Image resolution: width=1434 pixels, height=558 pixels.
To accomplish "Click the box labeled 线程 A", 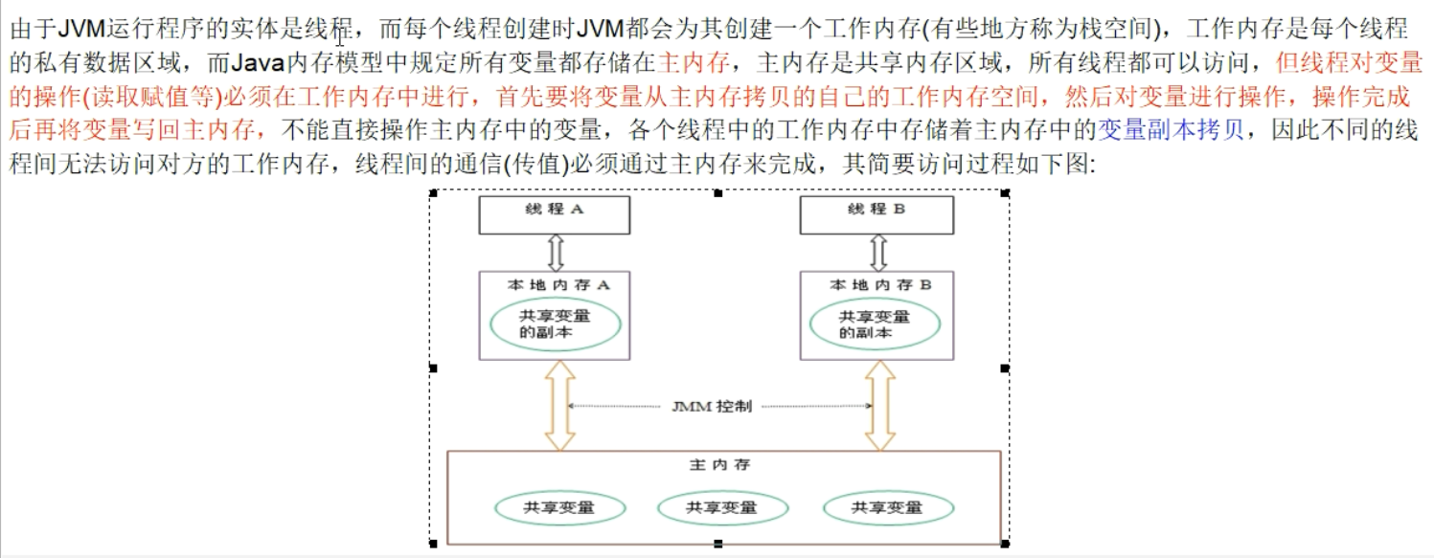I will (x=554, y=214).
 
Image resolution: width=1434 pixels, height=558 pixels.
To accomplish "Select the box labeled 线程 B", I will (x=876, y=214).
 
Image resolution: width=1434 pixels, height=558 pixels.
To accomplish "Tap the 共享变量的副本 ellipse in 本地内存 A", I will (x=555, y=324).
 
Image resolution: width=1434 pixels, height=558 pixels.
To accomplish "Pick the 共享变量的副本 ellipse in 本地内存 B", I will (x=874, y=324).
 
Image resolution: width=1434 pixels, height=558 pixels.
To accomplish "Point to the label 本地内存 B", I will (x=879, y=284).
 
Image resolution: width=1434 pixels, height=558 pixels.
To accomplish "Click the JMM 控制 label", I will (x=714, y=406).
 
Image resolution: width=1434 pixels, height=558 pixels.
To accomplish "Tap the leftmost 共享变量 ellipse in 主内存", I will (x=559, y=507).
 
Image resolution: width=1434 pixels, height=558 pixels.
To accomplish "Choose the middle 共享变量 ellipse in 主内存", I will (x=720, y=507).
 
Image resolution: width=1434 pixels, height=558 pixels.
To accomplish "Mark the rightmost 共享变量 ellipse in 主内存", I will (x=887, y=507).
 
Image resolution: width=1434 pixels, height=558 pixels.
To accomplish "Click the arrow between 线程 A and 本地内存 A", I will (x=555, y=252).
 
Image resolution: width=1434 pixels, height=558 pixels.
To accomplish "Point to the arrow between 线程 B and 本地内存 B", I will (x=876, y=252).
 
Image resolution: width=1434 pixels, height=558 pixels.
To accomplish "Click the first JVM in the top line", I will (x=80, y=28).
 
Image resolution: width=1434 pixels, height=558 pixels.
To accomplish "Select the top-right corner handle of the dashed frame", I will (x=1005, y=192).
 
